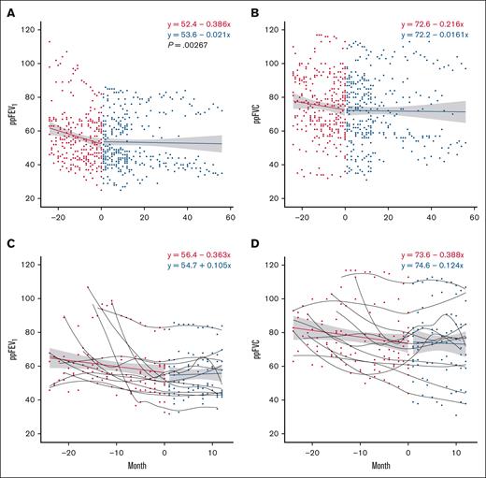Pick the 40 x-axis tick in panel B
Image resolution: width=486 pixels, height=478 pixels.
432,214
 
